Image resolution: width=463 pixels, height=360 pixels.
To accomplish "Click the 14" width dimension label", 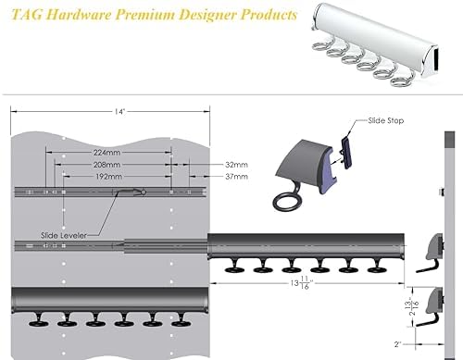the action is pyautogui.click(x=119, y=111).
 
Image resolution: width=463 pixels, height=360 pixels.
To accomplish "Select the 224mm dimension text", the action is pyautogui.click(x=106, y=153).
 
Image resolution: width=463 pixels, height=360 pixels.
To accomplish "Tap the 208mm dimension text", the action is pyautogui.click(x=106, y=165).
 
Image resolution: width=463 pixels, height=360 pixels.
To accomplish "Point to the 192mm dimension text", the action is pyautogui.click(x=106, y=177).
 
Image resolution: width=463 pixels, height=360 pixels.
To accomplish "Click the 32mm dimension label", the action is pyautogui.click(x=236, y=165).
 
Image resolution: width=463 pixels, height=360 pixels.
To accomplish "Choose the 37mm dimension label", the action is pyautogui.click(x=236, y=177).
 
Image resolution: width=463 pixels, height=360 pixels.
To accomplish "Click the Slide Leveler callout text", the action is pyautogui.click(x=64, y=236).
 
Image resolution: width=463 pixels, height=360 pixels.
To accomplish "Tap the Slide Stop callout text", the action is pyautogui.click(x=386, y=120).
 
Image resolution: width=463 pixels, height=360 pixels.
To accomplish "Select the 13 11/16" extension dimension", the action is pyautogui.click(x=300, y=283).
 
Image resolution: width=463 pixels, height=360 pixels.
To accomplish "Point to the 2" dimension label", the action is pyautogui.click(x=397, y=344).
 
